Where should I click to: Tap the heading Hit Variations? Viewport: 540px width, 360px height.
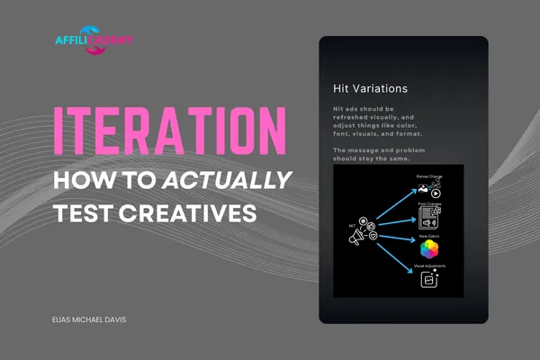370,89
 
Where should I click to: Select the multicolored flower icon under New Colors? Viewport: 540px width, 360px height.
429,249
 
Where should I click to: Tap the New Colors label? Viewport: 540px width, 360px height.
429,236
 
